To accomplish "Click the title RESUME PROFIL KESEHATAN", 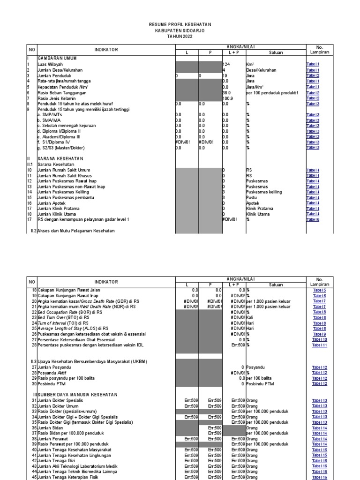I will point(180,24).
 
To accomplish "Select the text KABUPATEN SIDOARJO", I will point(180,30).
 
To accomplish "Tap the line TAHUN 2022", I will point(180,36).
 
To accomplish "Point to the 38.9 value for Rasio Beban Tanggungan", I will point(227,93).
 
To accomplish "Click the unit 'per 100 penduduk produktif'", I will point(272,93).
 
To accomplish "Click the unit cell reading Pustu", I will point(251,197).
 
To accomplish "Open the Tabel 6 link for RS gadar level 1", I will point(313,219).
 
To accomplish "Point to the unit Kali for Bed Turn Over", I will point(250,317).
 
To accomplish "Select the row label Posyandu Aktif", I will point(52,373).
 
